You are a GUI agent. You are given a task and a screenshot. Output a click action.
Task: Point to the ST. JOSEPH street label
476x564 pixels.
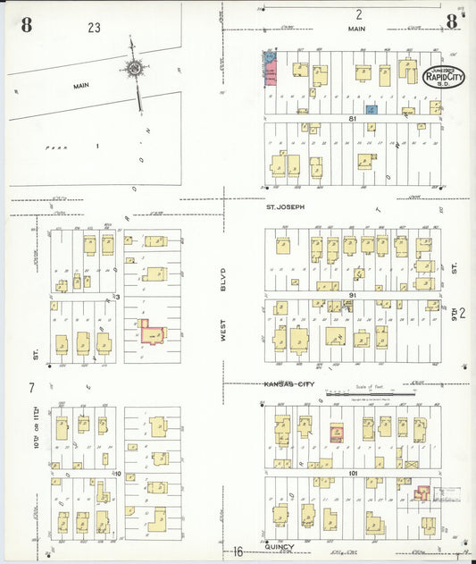click(285, 206)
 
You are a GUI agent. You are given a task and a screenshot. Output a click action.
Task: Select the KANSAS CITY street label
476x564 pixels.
click(289, 383)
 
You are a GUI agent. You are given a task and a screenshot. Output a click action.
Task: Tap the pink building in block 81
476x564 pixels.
click(270, 71)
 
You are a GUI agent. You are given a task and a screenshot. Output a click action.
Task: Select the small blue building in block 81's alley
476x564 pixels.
click(372, 109)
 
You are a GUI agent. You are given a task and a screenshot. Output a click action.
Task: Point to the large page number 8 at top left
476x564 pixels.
click(26, 25)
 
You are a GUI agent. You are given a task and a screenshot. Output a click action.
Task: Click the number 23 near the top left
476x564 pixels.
click(94, 28)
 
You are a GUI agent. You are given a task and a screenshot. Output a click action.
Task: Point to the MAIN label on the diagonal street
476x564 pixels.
click(81, 86)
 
